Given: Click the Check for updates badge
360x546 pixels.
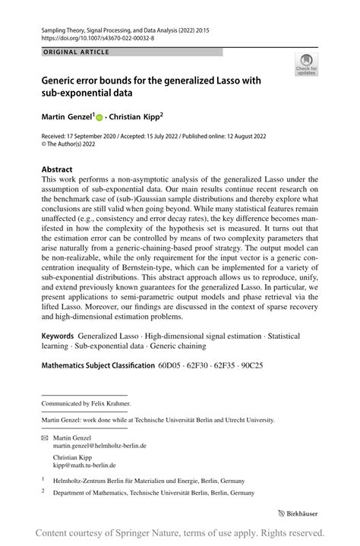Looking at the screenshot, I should [307, 65].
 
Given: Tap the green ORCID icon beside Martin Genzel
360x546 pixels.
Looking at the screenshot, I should [99, 118].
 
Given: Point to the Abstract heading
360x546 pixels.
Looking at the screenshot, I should [57, 169].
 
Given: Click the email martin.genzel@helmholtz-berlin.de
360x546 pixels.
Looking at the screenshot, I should [99, 446].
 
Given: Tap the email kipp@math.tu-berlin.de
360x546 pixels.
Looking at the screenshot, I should [84, 465].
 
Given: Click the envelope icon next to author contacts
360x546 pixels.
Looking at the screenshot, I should [44, 438].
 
